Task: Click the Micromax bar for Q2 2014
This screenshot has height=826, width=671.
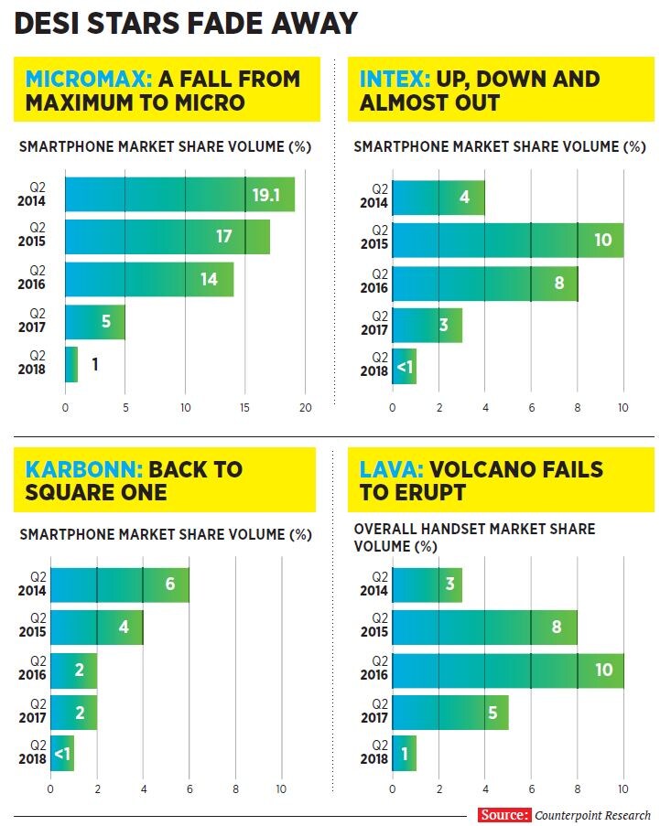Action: (179, 194)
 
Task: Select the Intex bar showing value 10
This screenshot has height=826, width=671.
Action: (507, 241)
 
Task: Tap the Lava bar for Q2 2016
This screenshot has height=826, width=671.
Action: (507, 670)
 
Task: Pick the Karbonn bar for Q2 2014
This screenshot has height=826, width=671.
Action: (119, 585)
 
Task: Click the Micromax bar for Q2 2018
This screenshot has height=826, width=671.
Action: (71, 364)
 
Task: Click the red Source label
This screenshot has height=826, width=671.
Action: (503, 815)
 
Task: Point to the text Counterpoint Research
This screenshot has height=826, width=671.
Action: (592, 815)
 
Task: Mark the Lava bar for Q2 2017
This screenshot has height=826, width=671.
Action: (449, 713)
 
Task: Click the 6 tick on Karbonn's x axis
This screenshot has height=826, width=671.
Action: (189, 789)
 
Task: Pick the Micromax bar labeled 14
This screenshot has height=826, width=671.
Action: (149, 279)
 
